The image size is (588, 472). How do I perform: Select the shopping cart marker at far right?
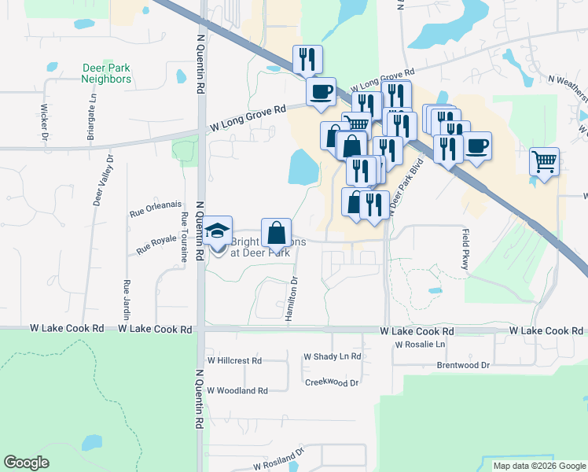click(544, 163)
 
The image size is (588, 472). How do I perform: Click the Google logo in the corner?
click(27, 463)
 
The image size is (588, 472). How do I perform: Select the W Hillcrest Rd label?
click(233, 360)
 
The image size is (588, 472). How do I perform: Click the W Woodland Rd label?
click(237, 390)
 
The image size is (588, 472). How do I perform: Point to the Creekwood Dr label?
click(332, 382)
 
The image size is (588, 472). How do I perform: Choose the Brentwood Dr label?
click(463, 365)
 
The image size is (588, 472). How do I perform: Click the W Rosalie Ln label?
click(420, 345)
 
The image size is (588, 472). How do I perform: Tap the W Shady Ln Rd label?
click(332, 356)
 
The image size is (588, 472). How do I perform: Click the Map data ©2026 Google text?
click(539, 466)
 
